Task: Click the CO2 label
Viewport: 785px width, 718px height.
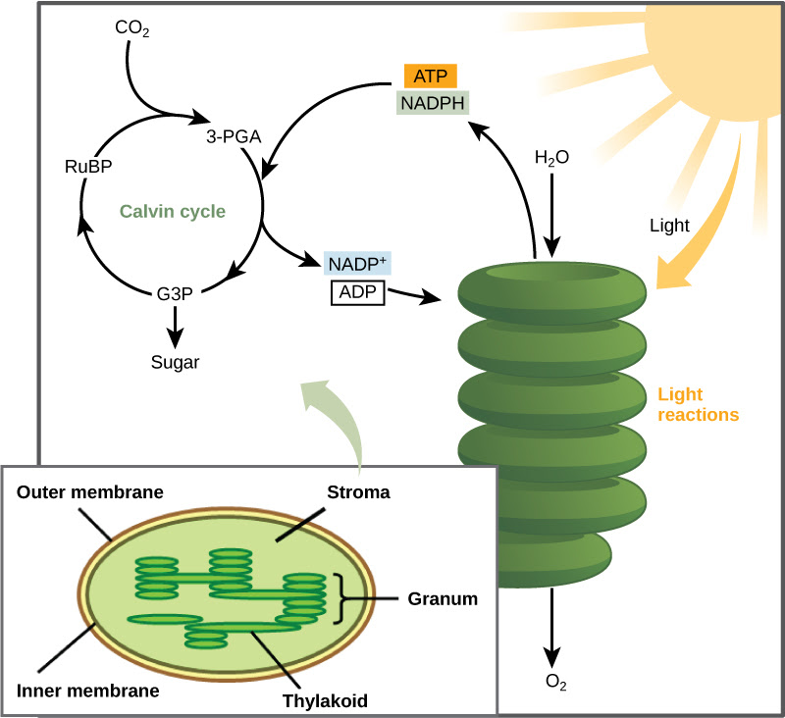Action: [x=131, y=28]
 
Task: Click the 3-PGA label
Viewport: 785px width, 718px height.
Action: [x=234, y=138]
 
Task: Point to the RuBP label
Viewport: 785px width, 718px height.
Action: [x=84, y=167]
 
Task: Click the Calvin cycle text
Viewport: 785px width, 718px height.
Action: [x=173, y=211]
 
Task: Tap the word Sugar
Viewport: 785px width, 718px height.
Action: [x=176, y=362]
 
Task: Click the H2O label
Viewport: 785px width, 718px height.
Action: [x=551, y=158]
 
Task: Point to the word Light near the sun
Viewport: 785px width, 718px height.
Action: [x=669, y=226]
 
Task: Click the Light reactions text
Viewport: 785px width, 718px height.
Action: [x=697, y=404]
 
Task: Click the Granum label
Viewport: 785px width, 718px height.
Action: [x=444, y=598]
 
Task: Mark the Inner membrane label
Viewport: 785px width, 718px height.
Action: [x=87, y=690]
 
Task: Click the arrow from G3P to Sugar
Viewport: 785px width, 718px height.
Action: [x=176, y=324]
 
